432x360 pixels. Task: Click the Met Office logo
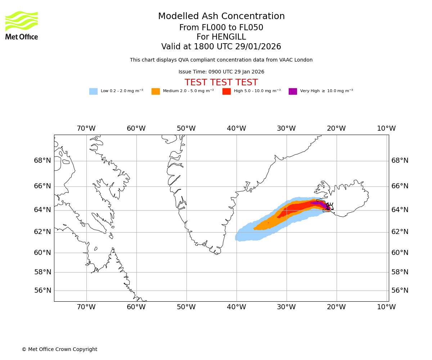[x=22, y=25]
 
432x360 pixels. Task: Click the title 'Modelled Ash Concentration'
[x=221, y=17]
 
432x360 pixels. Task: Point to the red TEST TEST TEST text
[x=221, y=82]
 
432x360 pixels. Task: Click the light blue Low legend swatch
[x=93, y=91]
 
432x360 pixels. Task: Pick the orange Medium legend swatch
[x=156, y=91]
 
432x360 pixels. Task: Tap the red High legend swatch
[x=226, y=91]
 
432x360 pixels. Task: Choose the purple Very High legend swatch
[x=293, y=91]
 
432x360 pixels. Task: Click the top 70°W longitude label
[x=86, y=129]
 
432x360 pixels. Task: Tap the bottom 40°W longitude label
[x=236, y=307]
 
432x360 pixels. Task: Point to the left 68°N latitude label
[x=42, y=161]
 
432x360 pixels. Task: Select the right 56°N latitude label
[x=400, y=291]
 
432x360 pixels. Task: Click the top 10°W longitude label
[x=386, y=129]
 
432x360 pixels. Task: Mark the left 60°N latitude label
[x=42, y=253]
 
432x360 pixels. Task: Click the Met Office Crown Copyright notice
[x=59, y=349]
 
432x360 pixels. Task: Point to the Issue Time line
[x=221, y=72]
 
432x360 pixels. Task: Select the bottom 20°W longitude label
[x=336, y=307]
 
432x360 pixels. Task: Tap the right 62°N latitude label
[x=400, y=232]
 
